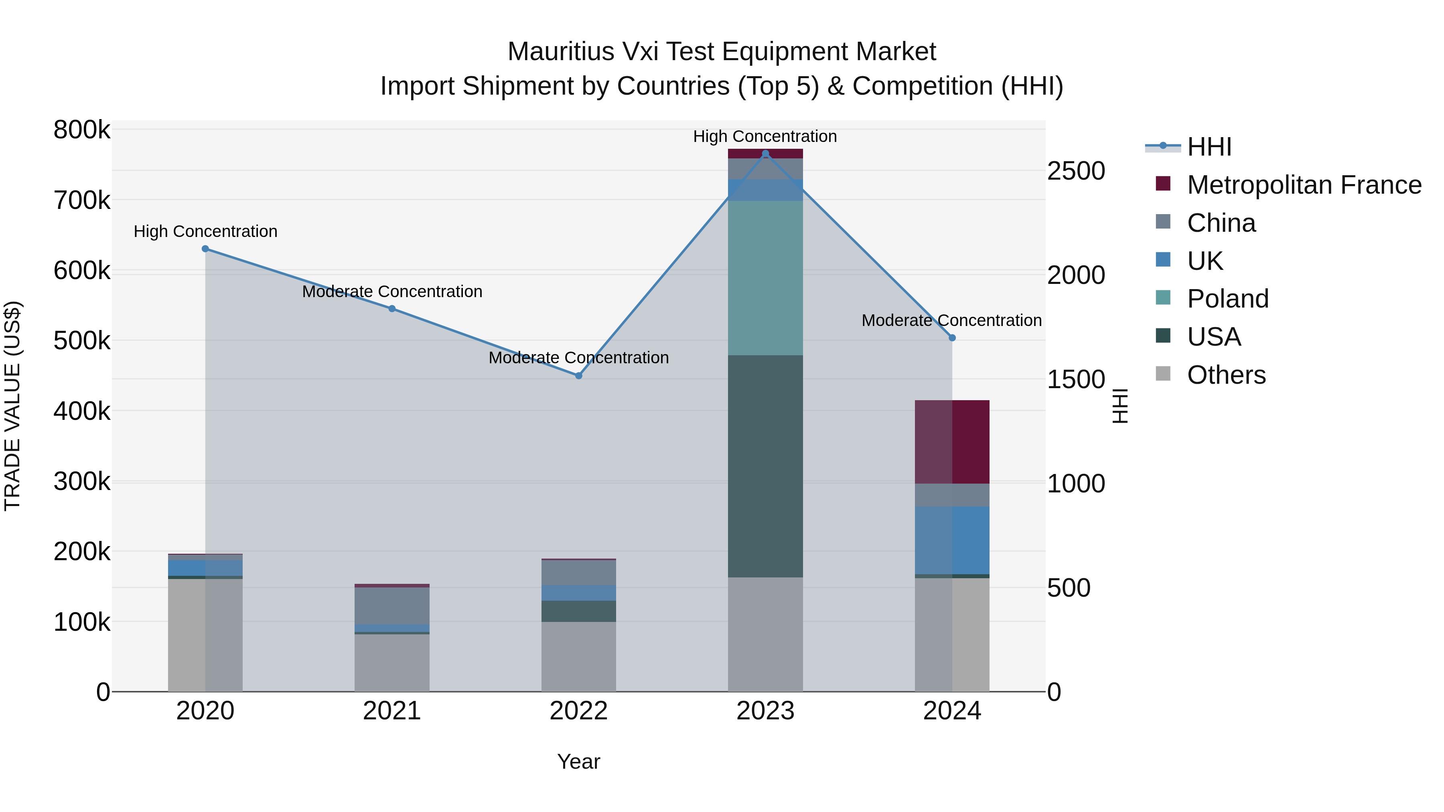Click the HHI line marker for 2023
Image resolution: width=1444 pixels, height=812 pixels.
coord(765,154)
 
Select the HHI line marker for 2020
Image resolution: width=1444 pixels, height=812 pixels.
coord(205,249)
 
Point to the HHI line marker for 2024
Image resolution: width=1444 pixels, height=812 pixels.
coord(952,338)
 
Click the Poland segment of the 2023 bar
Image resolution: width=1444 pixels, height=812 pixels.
coord(765,278)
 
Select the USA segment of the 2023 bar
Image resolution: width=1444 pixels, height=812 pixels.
coord(765,466)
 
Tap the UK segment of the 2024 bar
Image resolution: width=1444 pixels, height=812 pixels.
coord(952,540)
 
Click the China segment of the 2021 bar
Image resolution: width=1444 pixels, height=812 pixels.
coord(392,606)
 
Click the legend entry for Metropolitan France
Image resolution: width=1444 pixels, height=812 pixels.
coord(1304,185)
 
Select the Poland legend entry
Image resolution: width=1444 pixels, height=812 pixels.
coord(1228,299)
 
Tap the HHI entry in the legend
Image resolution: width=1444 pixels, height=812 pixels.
coord(1209,147)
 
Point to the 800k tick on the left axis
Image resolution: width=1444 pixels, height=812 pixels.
coord(82,130)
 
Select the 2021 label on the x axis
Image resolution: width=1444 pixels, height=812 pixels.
coord(392,711)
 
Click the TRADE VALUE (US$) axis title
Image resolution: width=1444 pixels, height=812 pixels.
coord(12,406)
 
